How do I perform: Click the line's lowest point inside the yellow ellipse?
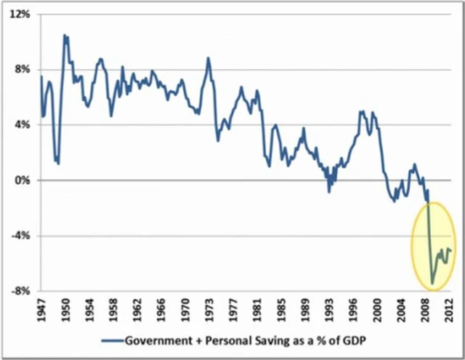click(432, 284)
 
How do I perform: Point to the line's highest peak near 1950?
click(65, 34)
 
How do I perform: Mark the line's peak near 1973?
click(208, 57)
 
